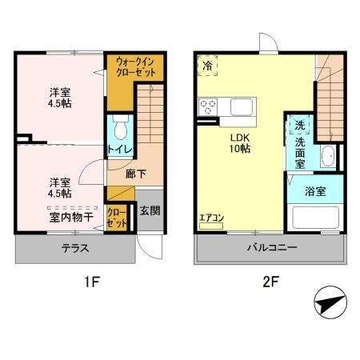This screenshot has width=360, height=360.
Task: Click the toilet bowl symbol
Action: (121, 127)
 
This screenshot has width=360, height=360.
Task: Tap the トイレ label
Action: (120, 150)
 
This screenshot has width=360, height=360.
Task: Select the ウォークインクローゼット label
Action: (135, 67)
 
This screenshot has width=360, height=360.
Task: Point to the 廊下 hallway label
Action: (136, 174)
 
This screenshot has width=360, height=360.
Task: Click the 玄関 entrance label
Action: (150, 210)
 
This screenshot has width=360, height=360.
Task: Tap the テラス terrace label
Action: (75, 248)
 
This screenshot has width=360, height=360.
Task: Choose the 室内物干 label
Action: (71, 218)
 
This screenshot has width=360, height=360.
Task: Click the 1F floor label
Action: (92, 282)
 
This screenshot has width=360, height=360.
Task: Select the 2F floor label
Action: (270, 282)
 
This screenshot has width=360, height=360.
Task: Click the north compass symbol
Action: (330, 302)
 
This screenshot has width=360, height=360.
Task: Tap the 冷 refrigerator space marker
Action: (207, 66)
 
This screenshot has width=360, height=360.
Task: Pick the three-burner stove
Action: (208, 106)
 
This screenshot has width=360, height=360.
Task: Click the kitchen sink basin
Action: (242, 107)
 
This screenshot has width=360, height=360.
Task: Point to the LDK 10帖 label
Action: (240, 143)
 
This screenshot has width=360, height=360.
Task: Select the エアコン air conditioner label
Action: (212, 218)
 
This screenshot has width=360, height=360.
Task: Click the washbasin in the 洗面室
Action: (328, 156)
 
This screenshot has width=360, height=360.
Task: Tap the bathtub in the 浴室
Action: (315, 218)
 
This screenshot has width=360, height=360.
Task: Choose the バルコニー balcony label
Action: (272, 247)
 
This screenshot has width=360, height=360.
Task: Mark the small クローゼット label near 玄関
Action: (117, 218)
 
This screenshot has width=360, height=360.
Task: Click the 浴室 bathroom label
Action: (315, 191)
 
